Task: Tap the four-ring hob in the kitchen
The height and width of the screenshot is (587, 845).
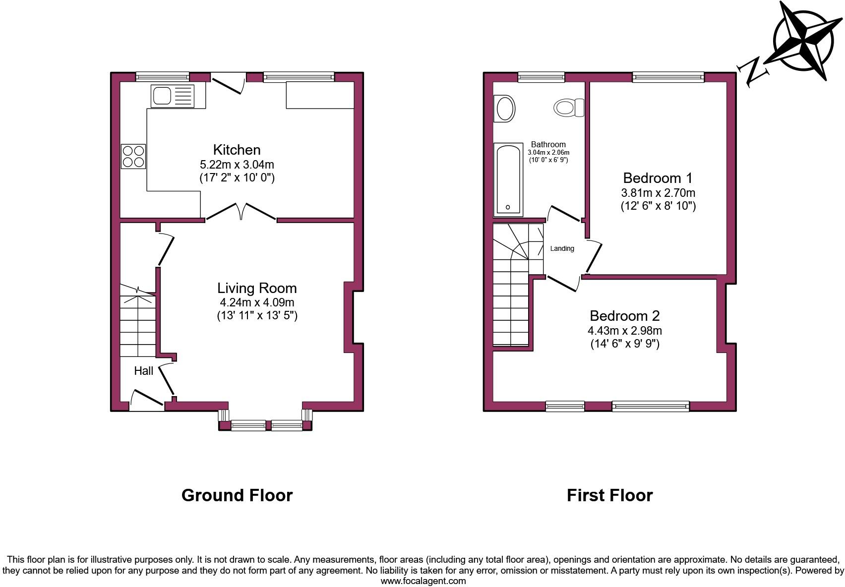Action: (x=133, y=156)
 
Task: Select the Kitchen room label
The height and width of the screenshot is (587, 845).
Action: (x=237, y=149)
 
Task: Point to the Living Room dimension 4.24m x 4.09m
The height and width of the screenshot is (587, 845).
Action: (x=257, y=302)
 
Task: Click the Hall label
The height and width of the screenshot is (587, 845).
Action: (x=143, y=370)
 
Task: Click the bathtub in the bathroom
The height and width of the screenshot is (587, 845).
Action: (x=509, y=179)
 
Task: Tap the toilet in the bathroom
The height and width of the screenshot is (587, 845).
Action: (x=568, y=108)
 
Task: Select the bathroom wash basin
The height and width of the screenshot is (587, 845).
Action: (x=505, y=109)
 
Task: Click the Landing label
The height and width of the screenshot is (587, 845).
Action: (x=562, y=248)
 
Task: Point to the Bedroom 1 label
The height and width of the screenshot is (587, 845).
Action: (x=658, y=177)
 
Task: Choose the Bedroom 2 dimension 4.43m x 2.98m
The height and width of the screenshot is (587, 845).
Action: (x=624, y=330)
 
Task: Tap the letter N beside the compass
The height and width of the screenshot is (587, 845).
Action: (x=753, y=72)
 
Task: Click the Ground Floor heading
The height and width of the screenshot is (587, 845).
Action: (x=237, y=495)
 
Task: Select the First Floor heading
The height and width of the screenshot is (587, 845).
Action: (x=609, y=495)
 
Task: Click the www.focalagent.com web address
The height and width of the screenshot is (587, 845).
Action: (x=423, y=581)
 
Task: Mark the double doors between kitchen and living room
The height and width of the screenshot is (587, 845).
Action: (x=241, y=212)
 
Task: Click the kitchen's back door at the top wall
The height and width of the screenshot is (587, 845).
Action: (x=229, y=82)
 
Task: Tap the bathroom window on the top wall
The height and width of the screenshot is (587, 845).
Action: (x=541, y=77)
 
